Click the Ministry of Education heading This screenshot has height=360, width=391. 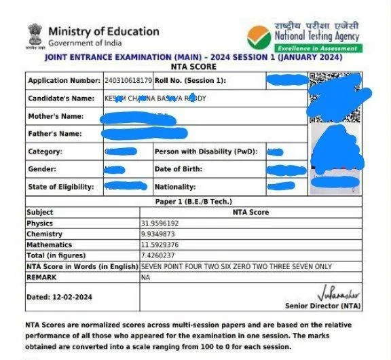pos(103,31)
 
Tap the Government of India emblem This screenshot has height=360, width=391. pos(34,36)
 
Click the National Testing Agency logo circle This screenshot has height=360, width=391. pos(258,37)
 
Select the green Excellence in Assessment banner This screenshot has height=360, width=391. pos(318,48)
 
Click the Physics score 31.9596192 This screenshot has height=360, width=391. pos(160,223)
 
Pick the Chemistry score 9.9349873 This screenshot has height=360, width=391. pos(157,234)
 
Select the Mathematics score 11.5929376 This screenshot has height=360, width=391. pos(160,245)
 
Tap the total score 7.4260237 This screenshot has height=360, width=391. pos(157,255)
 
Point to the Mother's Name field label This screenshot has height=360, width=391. pos(55,116)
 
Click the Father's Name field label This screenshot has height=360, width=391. pos(54,134)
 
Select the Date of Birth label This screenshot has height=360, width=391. pos(176,169)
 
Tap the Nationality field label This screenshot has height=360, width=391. pos(175,187)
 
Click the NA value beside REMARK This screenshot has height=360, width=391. pos(145,278)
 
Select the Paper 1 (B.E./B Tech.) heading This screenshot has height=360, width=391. pos(193,202)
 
